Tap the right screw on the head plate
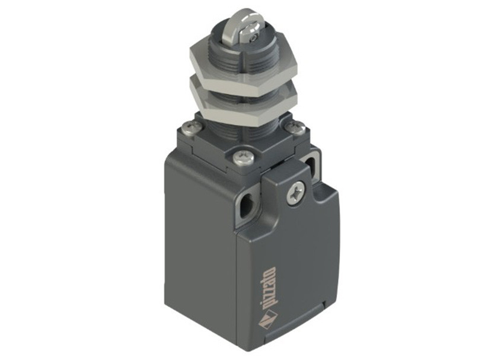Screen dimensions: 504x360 [295, 128]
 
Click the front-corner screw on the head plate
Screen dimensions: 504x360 [243, 157]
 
